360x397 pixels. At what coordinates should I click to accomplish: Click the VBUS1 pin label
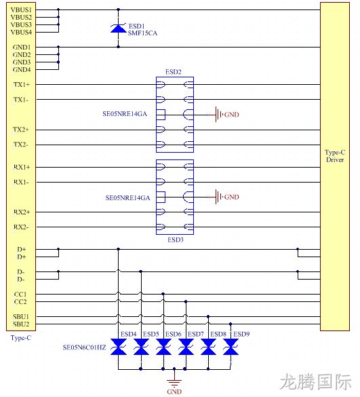pos(21,10)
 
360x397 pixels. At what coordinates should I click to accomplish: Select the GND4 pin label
pos(22,70)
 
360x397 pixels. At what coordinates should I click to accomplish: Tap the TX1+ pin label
pos(22,85)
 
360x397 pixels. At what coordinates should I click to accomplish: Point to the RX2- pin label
pos(21,227)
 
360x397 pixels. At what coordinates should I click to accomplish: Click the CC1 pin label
pos(20,295)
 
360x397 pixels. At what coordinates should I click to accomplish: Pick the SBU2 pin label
pos(21,324)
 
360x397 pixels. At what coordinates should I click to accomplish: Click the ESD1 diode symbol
pos(118,29)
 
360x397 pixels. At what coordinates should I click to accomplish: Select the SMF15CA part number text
pos(142,33)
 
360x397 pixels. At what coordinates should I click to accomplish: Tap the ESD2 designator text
pos(174,72)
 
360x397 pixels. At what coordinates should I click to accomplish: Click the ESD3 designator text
pos(176,240)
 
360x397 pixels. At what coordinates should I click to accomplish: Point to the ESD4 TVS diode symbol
pos(119,347)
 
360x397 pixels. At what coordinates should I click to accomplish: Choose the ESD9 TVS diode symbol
pos(231,347)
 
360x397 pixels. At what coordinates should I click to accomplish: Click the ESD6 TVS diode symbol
pos(163,347)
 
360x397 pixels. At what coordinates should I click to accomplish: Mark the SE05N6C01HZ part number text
pos(84,347)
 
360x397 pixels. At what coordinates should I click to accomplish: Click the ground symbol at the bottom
pos(174,382)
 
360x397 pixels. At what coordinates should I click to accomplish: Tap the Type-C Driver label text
pos(335,156)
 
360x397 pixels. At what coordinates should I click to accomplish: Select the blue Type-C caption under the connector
pos(21,338)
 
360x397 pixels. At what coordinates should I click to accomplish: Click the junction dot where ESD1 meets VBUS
pos(118,10)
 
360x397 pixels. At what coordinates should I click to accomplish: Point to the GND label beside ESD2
pos(231,115)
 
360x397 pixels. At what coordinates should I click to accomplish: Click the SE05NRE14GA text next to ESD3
pos(127,197)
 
